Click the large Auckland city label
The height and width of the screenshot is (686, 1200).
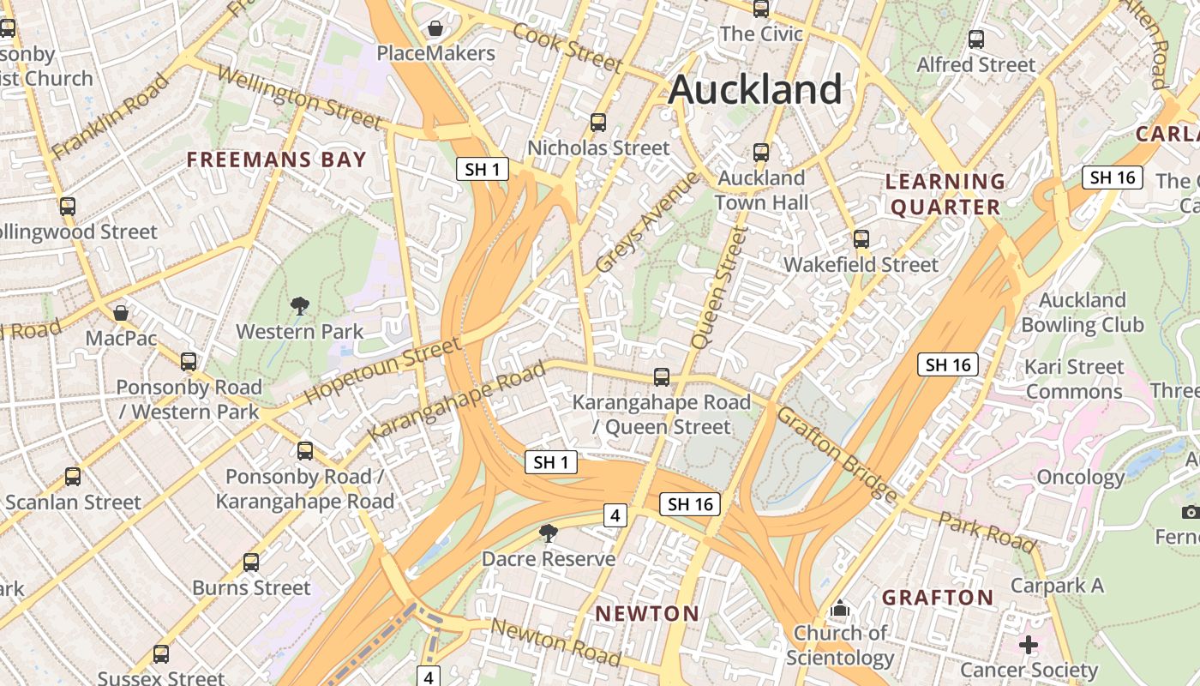[x=754, y=89]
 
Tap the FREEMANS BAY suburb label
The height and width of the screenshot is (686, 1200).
[x=277, y=159]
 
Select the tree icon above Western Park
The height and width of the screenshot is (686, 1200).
[x=299, y=306]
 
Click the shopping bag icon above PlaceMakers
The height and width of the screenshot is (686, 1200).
[x=435, y=28]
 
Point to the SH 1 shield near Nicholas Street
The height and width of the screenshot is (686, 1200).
[x=482, y=169]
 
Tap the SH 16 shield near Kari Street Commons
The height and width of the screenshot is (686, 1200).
[x=948, y=364]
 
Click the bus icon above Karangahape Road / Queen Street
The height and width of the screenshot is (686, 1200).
[x=661, y=376]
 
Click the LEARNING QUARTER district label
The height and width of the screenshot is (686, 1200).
[x=945, y=194]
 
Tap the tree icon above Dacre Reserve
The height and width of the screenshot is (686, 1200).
[x=548, y=534]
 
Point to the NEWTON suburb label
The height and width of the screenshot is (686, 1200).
[x=647, y=613]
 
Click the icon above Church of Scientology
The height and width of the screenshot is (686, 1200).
[x=840, y=609]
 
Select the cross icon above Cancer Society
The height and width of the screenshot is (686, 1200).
[x=1029, y=644]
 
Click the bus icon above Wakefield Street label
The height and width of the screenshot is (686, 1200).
[x=861, y=239]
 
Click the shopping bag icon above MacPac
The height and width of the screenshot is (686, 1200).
[x=121, y=313]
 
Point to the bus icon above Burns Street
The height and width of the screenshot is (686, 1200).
[x=250, y=563]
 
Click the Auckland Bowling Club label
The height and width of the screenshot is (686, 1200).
[x=1082, y=312]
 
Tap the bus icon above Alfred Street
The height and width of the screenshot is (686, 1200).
[x=975, y=39]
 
